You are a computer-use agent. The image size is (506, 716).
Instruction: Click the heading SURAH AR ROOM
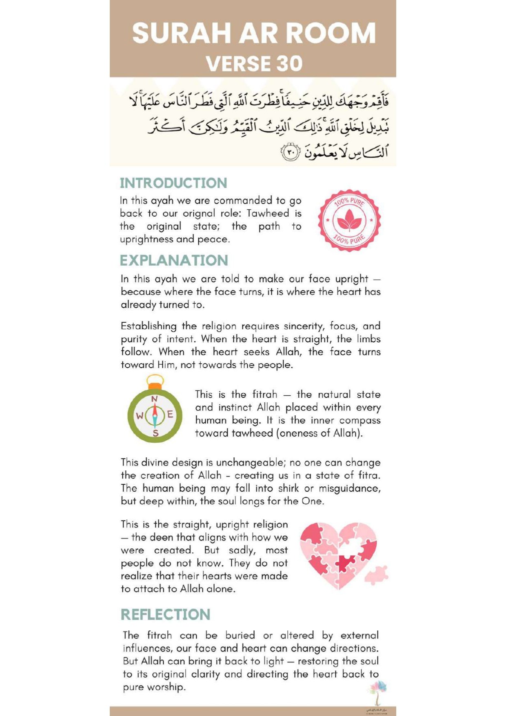click(x=253, y=33)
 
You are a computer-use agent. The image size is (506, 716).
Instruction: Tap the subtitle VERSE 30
click(x=254, y=64)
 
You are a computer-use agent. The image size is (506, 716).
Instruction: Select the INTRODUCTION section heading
click(x=173, y=183)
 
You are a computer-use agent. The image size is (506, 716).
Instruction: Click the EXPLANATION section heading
click(x=174, y=260)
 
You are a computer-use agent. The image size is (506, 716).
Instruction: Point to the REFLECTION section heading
click(x=165, y=614)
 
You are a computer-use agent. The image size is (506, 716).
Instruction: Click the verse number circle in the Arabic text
click(x=290, y=153)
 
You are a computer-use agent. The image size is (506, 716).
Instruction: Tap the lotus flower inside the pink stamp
click(x=349, y=220)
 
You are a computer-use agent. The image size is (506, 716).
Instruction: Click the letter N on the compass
click(x=154, y=399)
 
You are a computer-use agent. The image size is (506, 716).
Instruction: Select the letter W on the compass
click(x=140, y=416)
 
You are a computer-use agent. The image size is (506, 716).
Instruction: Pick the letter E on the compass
click(x=170, y=415)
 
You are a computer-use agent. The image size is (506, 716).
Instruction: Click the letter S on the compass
click(x=155, y=433)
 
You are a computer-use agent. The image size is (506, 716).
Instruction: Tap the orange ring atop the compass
click(x=155, y=385)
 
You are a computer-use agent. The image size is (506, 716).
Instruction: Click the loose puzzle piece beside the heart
click(x=376, y=575)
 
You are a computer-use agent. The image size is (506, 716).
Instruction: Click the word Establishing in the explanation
click(x=149, y=326)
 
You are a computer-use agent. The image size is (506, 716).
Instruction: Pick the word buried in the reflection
click(x=240, y=635)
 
